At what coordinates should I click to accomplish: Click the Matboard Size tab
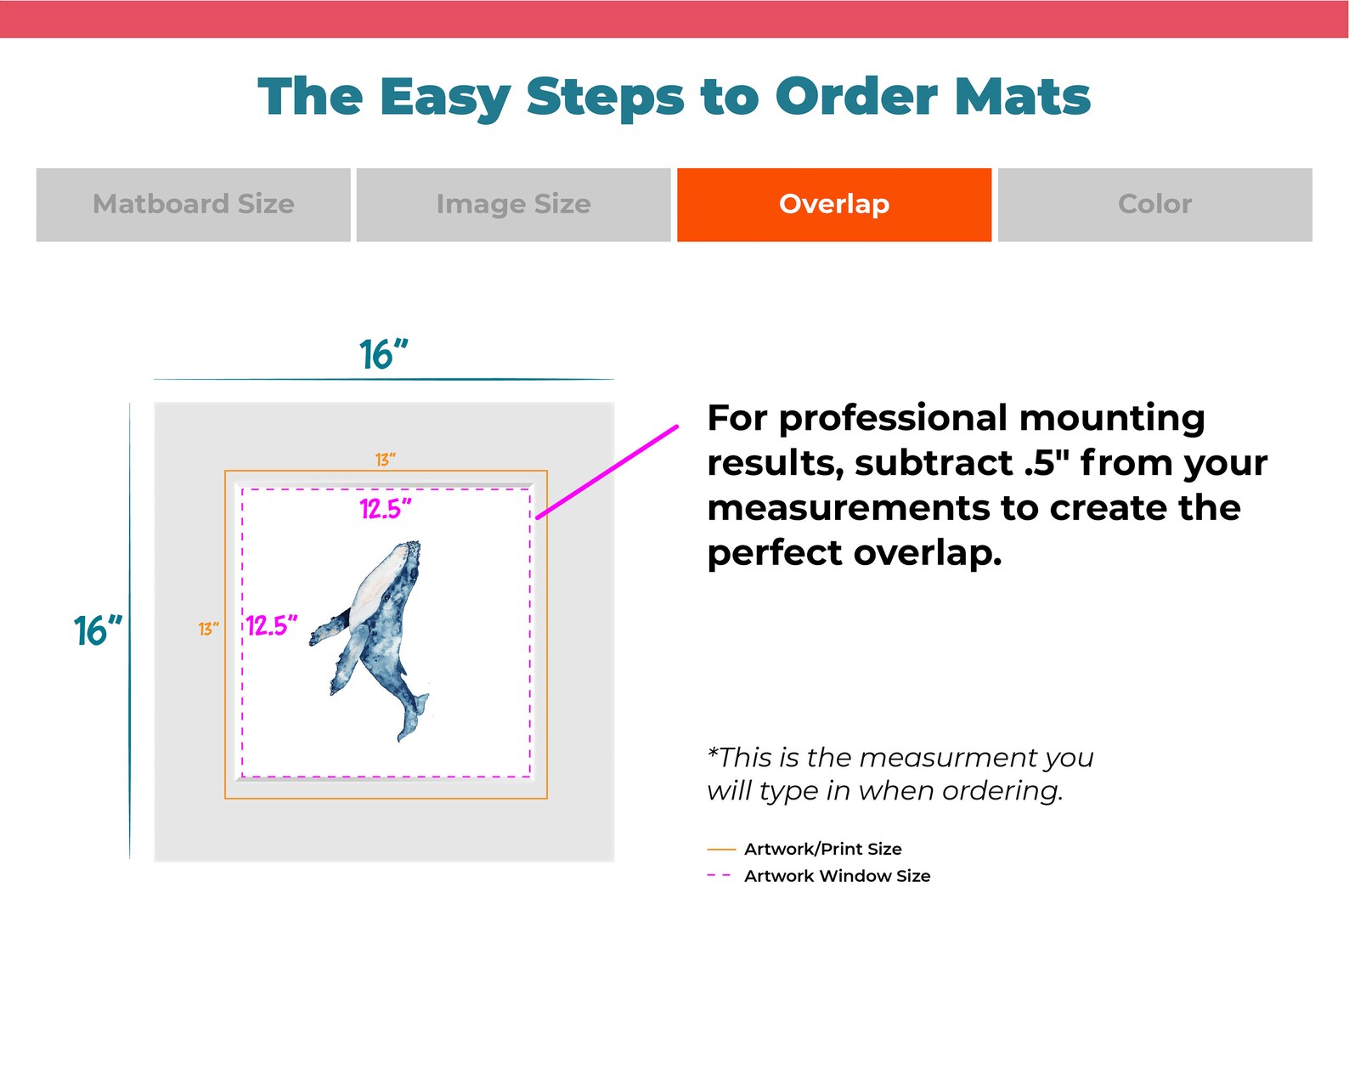click(x=193, y=205)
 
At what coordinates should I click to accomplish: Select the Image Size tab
click(x=513, y=205)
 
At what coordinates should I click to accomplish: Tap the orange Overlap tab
click(x=833, y=205)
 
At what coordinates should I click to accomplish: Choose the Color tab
click(x=1154, y=205)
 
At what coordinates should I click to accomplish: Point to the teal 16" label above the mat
click(x=383, y=355)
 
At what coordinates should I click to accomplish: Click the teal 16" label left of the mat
click(x=98, y=631)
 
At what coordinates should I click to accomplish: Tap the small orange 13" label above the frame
click(x=386, y=460)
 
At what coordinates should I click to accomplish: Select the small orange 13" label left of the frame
click(x=208, y=629)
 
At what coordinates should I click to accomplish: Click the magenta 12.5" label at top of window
click(x=386, y=509)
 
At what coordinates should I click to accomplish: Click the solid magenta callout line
click(x=607, y=472)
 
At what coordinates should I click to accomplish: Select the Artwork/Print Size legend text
click(x=822, y=849)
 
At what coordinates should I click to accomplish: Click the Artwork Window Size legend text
click(x=837, y=876)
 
